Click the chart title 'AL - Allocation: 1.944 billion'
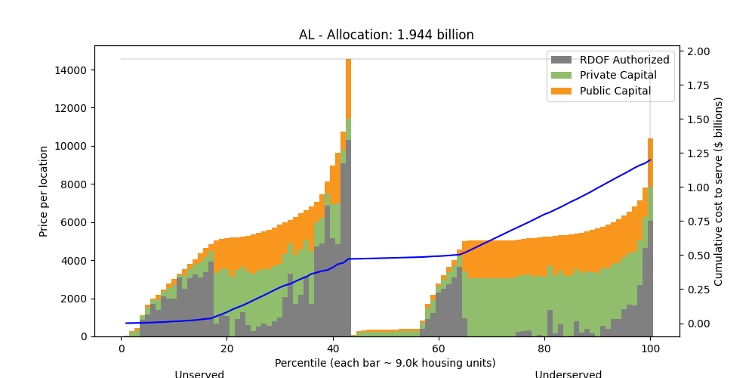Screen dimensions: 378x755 point(386,35)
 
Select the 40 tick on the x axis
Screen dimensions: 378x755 point(333,349)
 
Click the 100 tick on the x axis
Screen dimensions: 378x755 point(650,349)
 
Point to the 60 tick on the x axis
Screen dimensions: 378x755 point(439,349)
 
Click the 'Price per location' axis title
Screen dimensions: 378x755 point(44,191)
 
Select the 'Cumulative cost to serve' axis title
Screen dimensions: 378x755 point(719,191)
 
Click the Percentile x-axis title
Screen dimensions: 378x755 point(386,363)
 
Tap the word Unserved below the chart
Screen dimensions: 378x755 point(199,374)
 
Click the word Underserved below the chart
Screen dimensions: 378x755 point(568,374)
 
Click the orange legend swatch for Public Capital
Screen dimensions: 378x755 point(562,91)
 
